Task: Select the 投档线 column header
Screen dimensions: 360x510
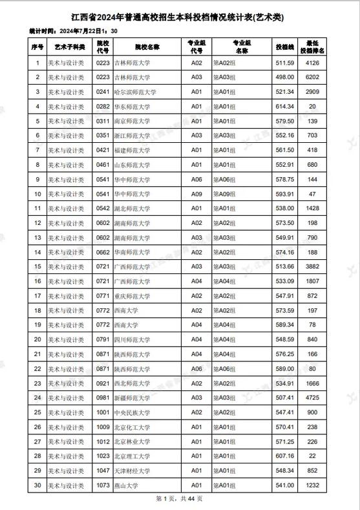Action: [285, 47]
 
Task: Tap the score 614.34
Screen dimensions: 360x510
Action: [285, 107]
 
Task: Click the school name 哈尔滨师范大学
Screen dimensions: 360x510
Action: [135, 92]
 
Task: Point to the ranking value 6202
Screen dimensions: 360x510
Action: [313, 78]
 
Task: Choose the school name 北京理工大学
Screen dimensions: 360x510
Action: [132, 456]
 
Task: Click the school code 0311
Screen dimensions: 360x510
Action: [103, 121]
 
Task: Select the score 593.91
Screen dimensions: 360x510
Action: [285, 194]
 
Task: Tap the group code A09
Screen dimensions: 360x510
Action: [196, 194]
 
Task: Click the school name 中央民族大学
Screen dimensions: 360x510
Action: [132, 412]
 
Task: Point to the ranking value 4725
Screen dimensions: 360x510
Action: [313, 398]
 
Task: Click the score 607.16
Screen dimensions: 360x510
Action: [285, 456]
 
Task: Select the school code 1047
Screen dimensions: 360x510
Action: [103, 471]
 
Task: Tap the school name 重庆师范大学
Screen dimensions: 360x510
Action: [132, 295]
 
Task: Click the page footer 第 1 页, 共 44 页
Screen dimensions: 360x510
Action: [180, 499]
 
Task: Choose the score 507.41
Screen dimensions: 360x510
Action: [285, 398]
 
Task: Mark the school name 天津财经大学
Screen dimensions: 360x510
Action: [132, 471]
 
